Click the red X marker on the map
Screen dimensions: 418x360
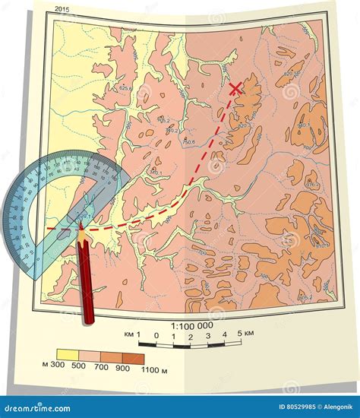coord(235,89)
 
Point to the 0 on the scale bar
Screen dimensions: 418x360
coord(156,335)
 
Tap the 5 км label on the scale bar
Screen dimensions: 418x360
coord(245,335)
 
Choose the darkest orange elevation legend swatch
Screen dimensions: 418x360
coord(134,357)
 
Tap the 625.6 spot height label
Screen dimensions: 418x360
coord(126,88)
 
